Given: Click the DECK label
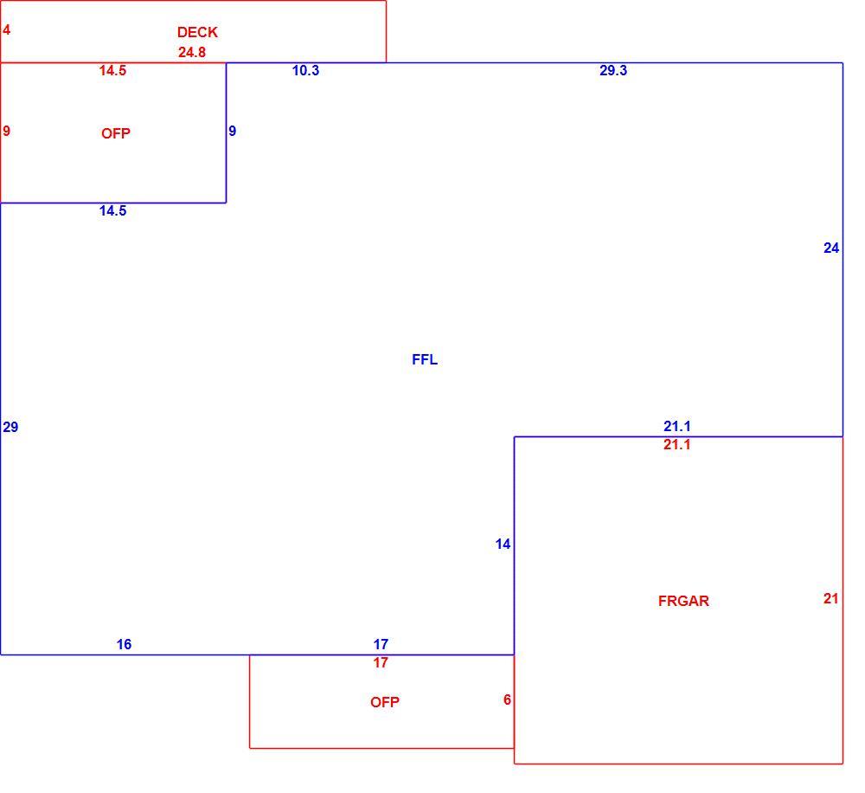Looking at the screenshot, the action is click(197, 33).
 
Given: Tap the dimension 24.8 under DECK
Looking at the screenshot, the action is click(192, 53).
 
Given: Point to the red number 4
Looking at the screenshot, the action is click(6, 29).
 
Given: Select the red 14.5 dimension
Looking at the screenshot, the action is click(112, 71).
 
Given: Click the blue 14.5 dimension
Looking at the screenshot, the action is click(112, 211).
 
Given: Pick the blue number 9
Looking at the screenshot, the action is click(232, 131).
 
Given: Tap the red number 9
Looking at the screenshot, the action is click(6, 131).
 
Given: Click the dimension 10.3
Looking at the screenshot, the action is click(305, 71).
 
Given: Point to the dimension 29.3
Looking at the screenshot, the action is click(613, 71).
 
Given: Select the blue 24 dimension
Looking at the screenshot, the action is click(831, 248).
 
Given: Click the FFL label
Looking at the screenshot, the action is click(425, 360).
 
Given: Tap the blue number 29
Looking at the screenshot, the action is click(10, 427).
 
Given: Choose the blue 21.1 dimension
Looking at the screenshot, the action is click(677, 426).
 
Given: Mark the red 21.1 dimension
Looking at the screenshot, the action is click(677, 444).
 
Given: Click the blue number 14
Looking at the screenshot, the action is click(503, 545).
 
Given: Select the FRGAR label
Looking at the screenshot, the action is click(683, 601).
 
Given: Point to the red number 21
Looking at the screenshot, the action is click(830, 598).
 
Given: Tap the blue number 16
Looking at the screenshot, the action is click(124, 644).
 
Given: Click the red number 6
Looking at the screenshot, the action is click(507, 700).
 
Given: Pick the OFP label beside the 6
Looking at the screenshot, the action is click(385, 702).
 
